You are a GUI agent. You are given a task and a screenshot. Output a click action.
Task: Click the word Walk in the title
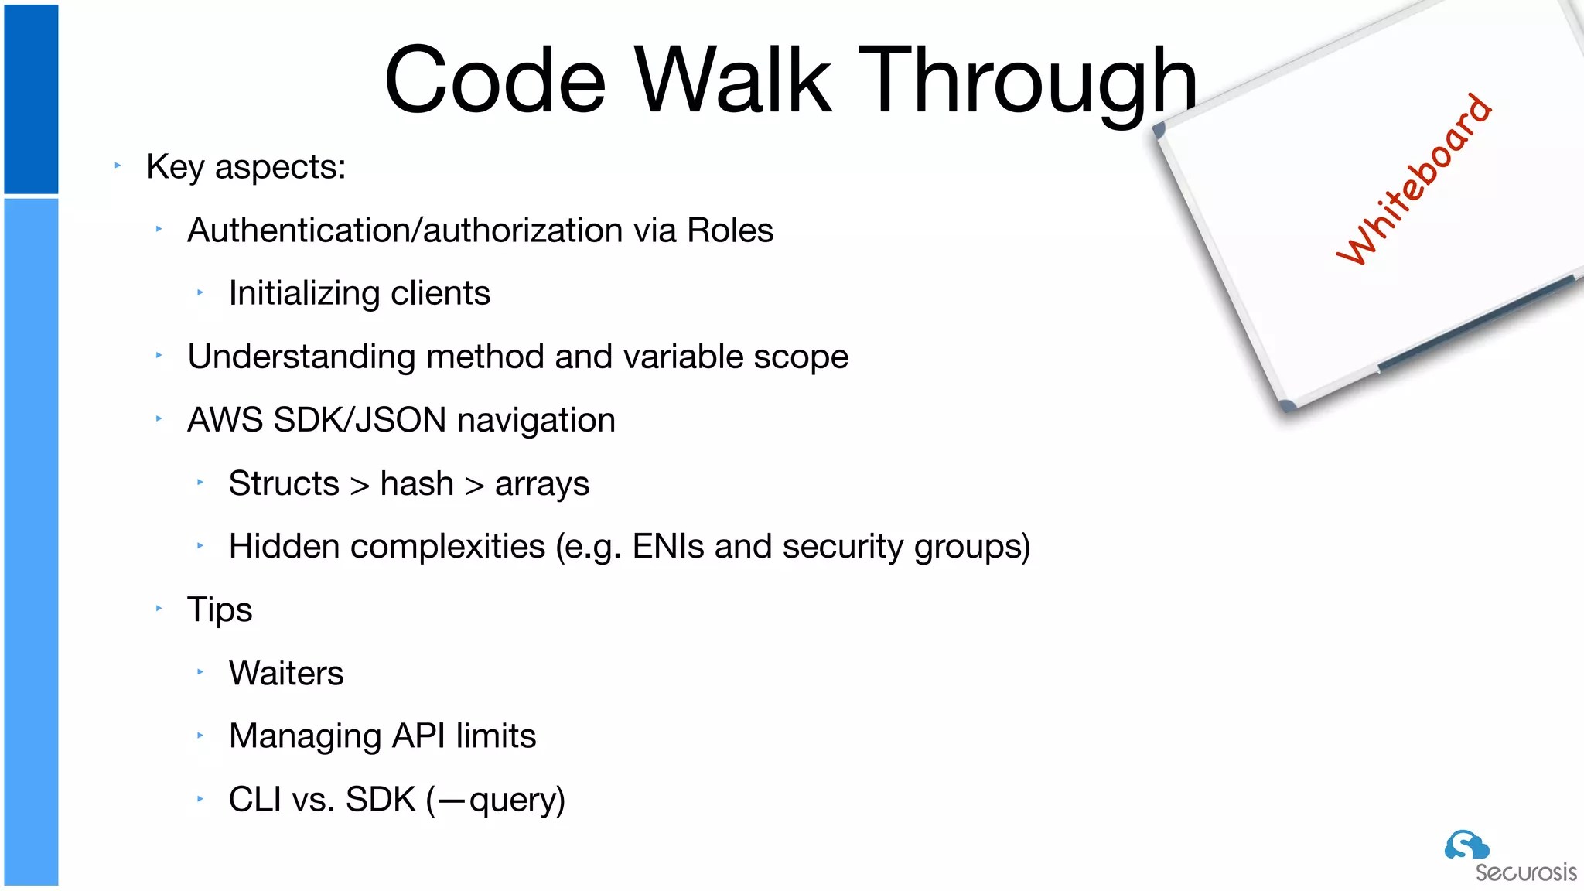coord(733,81)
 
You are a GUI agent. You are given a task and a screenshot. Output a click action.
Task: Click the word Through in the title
coord(1028,81)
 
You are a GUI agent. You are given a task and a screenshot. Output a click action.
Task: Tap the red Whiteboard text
coord(1415,179)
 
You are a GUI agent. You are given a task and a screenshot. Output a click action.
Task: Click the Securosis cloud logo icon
coord(1466,845)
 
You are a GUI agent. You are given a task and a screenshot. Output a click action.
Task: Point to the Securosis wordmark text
coord(1525,873)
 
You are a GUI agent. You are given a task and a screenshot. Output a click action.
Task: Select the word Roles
coord(730,230)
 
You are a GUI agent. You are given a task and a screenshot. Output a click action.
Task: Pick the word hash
coord(417,483)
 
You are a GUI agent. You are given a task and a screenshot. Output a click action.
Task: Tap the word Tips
coord(220,610)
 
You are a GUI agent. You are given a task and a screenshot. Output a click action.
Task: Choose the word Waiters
coord(286,673)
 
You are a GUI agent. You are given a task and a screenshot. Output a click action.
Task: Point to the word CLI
coord(254,800)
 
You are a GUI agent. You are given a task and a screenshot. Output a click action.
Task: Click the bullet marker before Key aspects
coord(118,165)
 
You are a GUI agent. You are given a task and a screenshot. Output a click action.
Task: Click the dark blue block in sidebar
coord(31,99)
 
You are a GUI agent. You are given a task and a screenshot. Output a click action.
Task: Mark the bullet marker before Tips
coord(159,609)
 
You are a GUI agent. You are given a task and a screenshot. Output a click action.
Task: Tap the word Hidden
coord(284,547)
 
